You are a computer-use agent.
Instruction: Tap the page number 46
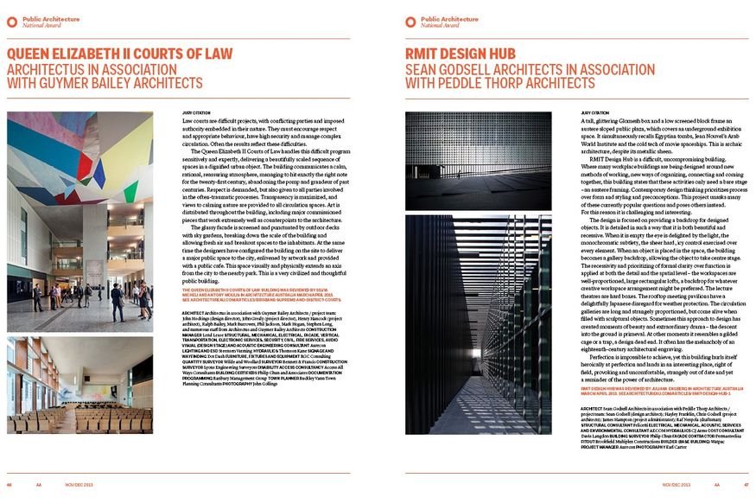[x=10, y=485]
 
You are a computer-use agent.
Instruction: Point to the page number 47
[x=746, y=485]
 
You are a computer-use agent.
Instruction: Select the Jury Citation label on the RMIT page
[x=594, y=112]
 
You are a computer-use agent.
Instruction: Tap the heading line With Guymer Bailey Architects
[x=105, y=84]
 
